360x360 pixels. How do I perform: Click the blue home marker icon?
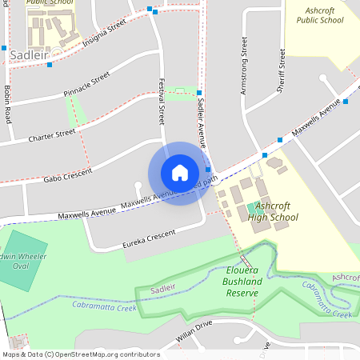click(179, 173)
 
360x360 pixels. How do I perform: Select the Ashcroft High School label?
click(273, 211)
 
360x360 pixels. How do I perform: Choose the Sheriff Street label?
click(281, 71)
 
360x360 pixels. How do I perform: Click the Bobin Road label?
click(7, 103)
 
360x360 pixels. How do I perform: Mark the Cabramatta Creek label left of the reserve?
click(104, 305)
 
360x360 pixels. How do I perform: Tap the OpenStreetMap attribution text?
click(81, 354)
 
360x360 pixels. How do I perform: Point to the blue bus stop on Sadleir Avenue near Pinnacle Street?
click(198, 94)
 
